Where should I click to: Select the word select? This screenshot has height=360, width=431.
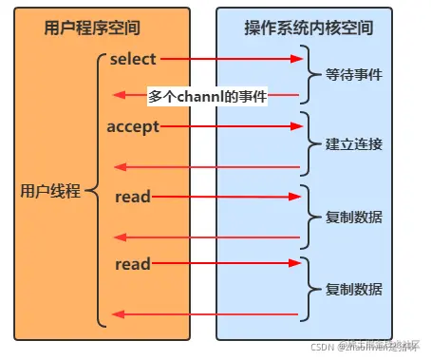pos(132,59)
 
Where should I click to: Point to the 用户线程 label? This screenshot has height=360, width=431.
pos(51,191)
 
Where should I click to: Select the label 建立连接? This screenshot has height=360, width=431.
pos(355,144)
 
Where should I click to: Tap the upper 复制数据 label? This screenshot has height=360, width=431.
pos(355,217)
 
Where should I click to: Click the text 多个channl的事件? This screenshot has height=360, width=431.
pos(207,96)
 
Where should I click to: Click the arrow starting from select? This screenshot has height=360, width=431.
pos(233,59)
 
